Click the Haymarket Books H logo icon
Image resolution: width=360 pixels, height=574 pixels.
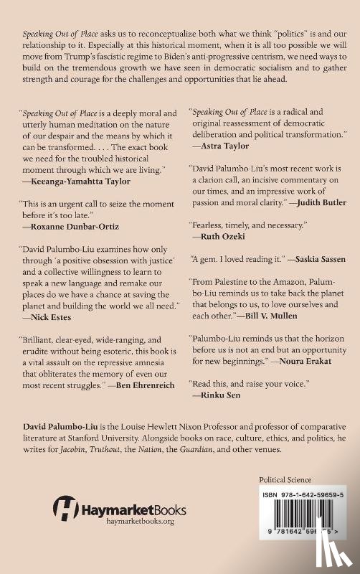click(66, 514)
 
